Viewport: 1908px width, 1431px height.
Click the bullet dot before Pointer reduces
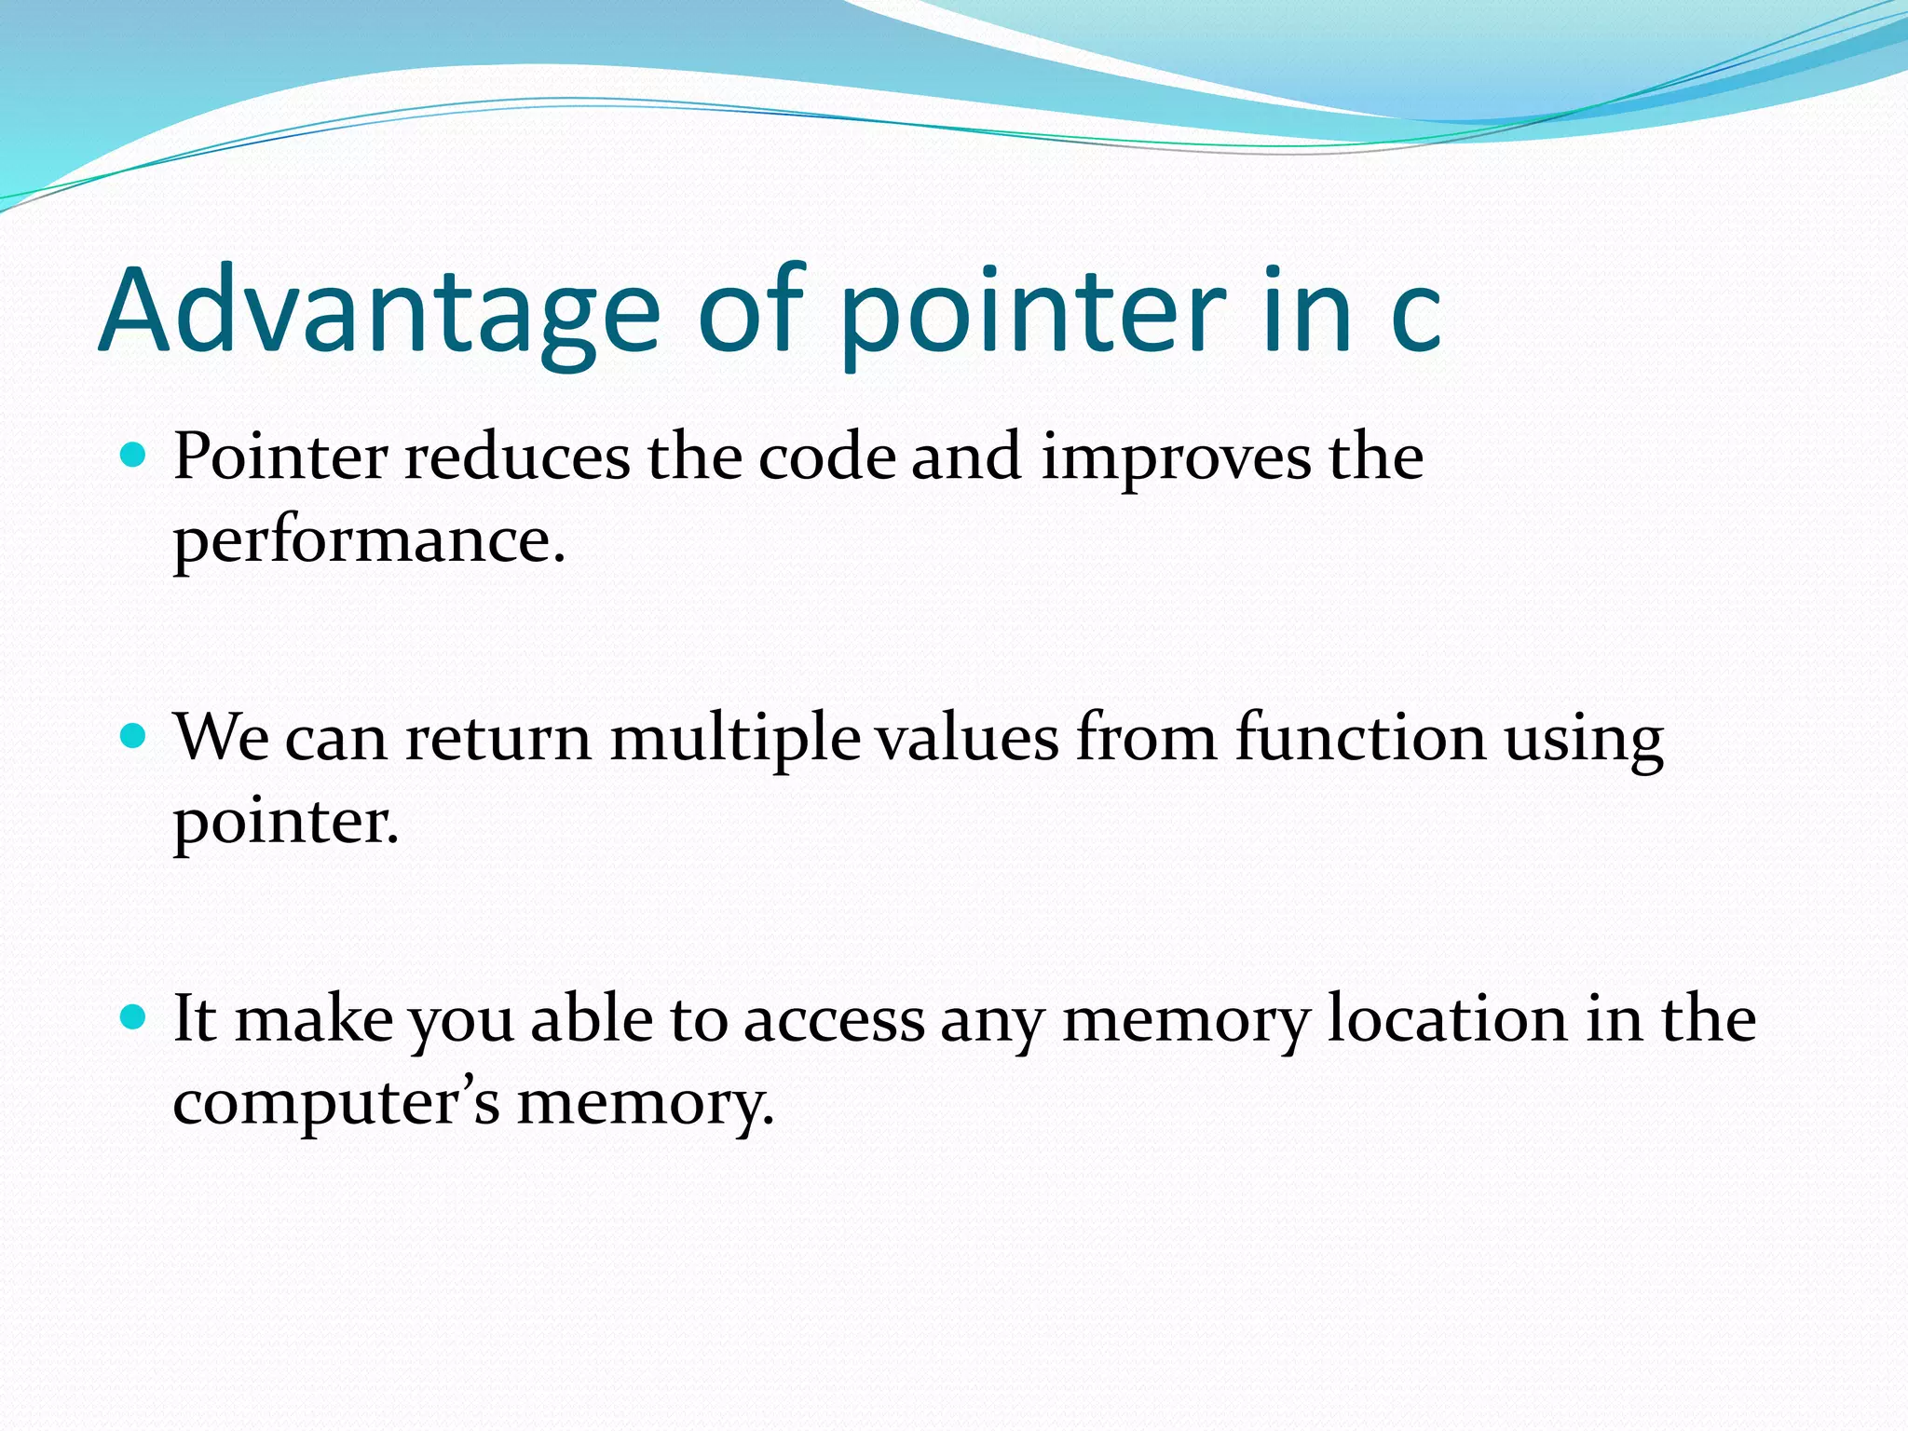(134, 456)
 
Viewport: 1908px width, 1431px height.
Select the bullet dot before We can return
(134, 737)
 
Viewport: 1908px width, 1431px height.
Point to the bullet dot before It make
(134, 1016)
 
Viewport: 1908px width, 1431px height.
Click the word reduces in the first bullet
(517, 457)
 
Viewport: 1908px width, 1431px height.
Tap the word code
(826, 457)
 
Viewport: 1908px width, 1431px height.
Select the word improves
(1176, 459)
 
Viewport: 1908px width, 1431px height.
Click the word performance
(369, 542)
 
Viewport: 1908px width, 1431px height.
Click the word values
(968, 739)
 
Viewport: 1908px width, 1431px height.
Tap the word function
(1360, 739)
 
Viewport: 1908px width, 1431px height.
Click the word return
(498, 739)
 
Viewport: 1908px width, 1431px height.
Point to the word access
(834, 1020)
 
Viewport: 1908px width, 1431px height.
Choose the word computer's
(336, 1104)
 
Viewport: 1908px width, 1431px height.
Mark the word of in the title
(751, 311)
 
